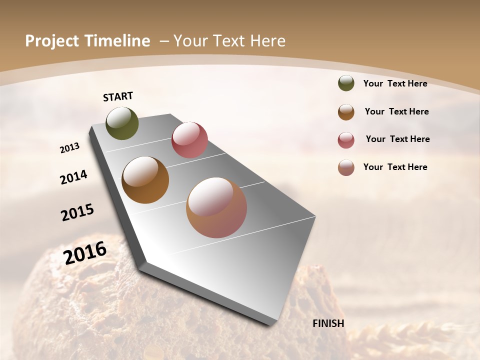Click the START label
coord(118,96)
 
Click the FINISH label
coord(328,323)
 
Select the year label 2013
coord(70,148)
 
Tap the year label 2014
coord(73,177)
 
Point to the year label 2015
coord(77,212)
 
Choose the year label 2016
coord(85,252)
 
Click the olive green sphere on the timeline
coord(122,123)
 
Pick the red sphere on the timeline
coord(189,140)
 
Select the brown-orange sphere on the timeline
coord(145,180)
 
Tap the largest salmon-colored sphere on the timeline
coord(216,207)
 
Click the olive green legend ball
coord(346,83)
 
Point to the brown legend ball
coord(346,112)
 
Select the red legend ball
coord(346,140)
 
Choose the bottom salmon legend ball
coord(346,167)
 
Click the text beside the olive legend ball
coord(395,83)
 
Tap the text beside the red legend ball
coord(397,139)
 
